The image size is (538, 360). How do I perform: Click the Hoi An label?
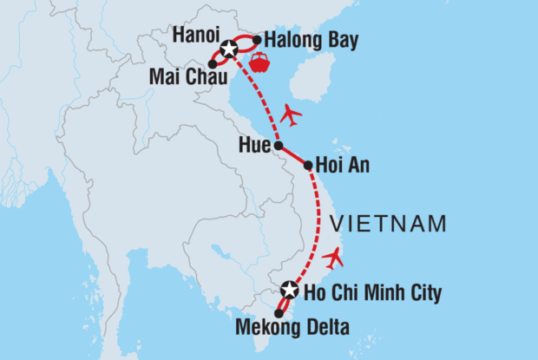[344, 165]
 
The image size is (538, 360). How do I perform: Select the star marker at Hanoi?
[227, 49]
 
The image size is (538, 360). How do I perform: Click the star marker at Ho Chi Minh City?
[290, 291]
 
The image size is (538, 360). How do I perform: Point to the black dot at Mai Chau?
[213, 63]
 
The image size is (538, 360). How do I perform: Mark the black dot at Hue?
[278, 146]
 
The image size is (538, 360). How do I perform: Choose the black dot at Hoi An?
[308, 164]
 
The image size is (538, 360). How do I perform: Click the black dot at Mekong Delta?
[279, 313]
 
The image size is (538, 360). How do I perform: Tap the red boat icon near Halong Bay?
[259, 63]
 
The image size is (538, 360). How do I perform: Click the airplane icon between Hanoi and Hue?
[292, 114]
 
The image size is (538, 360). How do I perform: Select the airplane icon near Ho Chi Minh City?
[332, 257]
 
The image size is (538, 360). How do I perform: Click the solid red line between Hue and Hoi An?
[293, 155]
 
